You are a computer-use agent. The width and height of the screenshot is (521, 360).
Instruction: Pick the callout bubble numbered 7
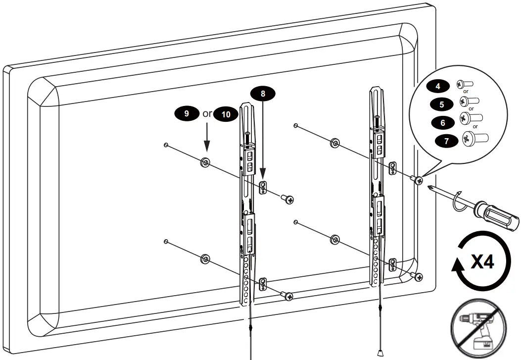point(446,141)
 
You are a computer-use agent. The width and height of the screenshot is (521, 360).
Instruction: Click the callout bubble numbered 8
point(263,93)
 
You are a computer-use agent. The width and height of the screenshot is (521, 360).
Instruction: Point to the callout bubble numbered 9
point(187,113)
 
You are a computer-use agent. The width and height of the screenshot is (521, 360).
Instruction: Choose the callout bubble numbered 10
point(226,114)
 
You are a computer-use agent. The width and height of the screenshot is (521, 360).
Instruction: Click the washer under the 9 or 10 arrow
point(205,162)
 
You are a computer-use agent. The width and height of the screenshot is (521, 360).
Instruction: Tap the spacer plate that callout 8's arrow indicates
point(263,188)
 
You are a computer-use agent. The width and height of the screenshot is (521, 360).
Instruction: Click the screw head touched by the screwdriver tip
point(419,180)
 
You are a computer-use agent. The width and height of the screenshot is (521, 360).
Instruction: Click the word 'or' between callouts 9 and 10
point(207,113)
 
